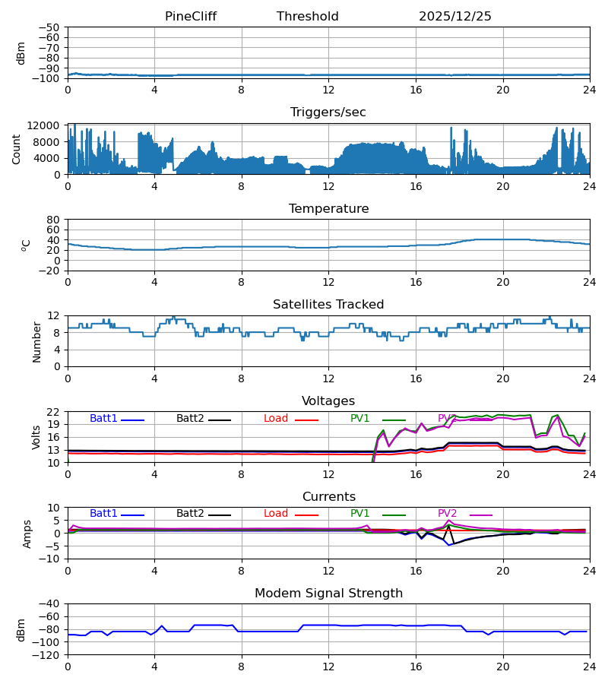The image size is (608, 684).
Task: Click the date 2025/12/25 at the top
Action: pyautogui.click(x=454, y=17)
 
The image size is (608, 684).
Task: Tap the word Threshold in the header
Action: pyautogui.click(x=307, y=17)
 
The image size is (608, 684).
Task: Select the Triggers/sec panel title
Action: pyautogui.click(x=328, y=112)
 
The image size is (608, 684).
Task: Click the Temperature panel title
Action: pyautogui.click(x=328, y=209)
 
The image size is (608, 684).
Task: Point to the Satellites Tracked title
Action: pyautogui.click(x=328, y=305)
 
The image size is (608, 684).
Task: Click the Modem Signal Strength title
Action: pyautogui.click(x=328, y=594)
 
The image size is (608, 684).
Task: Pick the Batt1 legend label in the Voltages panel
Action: pyautogui.click(x=103, y=419)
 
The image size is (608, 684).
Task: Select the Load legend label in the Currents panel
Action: pyautogui.click(x=276, y=514)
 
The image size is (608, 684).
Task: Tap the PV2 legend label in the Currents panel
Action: pyautogui.click(x=447, y=514)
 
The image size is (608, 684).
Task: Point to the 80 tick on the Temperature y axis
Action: pyautogui.click(x=54, y=220)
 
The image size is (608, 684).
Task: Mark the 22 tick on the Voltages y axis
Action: pyautogui.click(x=54, y=412)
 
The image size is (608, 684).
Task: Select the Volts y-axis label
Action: pyautogui.click(x=36, y=437)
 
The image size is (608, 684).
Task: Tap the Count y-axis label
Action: pyautogui.click(x=17, y=149)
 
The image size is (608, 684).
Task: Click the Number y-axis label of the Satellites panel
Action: pyautogui.click(x=36, y=341)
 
